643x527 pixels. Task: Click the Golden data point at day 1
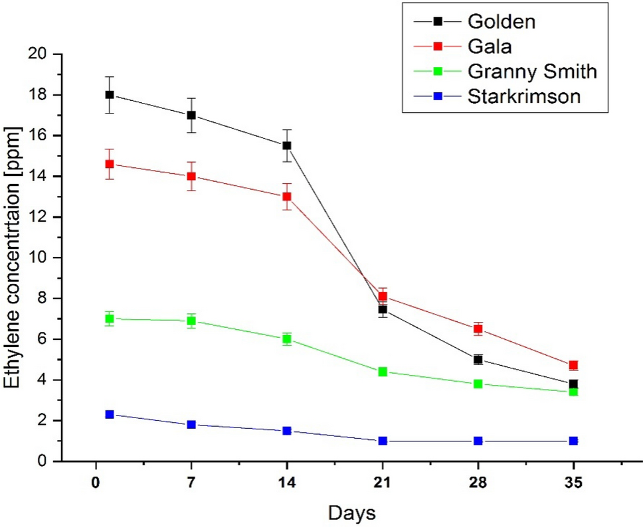(x=110, y=95)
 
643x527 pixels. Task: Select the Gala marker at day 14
(x=287, y=196)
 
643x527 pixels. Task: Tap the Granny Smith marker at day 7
(x=191, y=321)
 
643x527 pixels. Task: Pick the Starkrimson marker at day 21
(x=383, y=441)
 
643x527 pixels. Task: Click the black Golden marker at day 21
(x=383, y=309)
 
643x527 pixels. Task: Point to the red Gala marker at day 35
(x=573, y=365)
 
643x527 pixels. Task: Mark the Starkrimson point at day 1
(x=110, y=414)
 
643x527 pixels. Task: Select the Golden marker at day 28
(x=478, y=359)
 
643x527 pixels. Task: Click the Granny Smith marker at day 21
(x=383, y=372)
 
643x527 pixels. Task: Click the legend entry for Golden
(x=502, y=21)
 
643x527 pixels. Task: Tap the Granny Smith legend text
(x=531, y=71)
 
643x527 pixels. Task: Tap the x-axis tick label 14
(x=287, y=483)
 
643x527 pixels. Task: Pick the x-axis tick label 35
(x=573, y=483)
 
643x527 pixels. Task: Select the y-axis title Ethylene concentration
(x=15, y=257)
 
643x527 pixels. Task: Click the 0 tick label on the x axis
(x=96, y=483)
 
